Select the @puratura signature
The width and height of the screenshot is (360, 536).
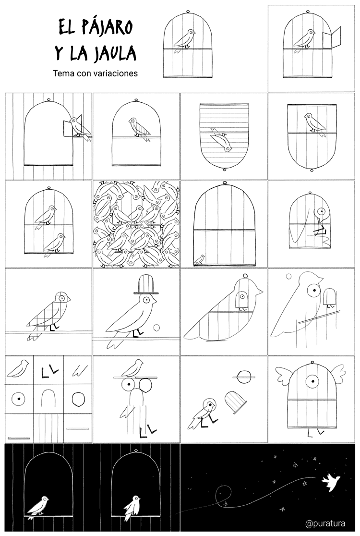(x=325, y=523)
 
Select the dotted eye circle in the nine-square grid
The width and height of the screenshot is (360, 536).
(x=19, y=399)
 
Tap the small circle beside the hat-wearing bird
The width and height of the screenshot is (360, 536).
(x=157, y=328)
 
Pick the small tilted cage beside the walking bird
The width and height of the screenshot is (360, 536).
(x=236, y=402)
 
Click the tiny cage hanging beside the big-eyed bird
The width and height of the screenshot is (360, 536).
(x=330, y=297)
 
